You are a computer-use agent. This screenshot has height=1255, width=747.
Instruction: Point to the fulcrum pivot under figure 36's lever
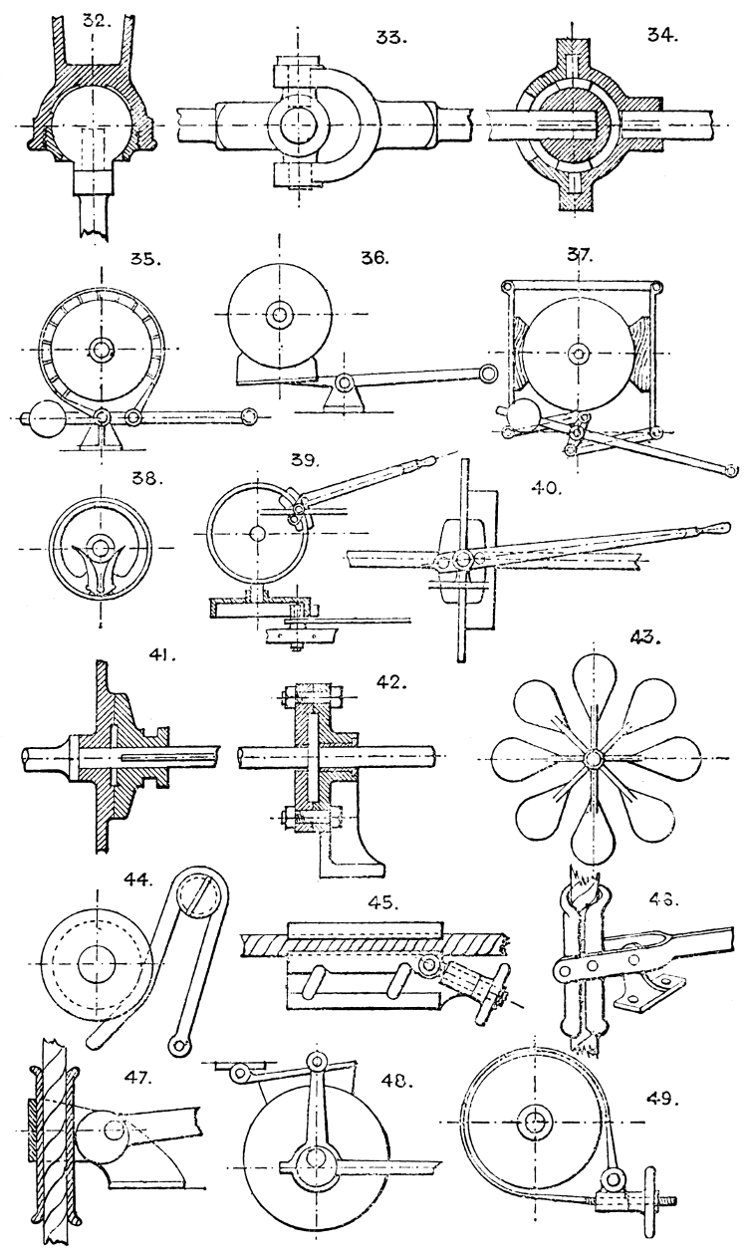[x=343, y=381]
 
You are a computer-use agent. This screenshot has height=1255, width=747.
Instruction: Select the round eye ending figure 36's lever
[x=488, y=373]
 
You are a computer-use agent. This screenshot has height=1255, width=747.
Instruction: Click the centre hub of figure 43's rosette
[x=594, y=758]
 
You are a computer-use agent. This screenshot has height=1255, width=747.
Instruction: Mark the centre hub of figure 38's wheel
[x=101, y=546]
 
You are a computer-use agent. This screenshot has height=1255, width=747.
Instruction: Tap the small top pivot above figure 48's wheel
[x=318, y=1058]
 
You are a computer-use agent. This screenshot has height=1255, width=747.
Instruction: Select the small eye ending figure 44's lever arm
[x=179, y=1044]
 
